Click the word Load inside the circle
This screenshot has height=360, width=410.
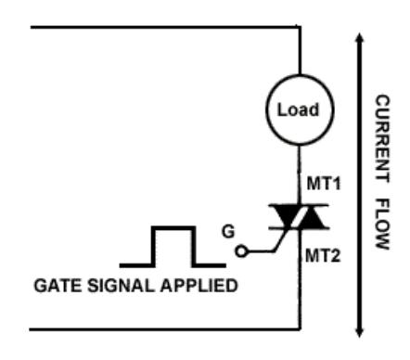click(298, 109)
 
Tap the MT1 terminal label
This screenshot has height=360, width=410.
click(324, 184)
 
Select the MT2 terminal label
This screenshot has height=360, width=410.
click(323, 256)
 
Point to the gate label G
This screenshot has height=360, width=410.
click(228, 232)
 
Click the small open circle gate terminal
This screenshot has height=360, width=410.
click(241, 251)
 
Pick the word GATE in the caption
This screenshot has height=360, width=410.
click(58, 286)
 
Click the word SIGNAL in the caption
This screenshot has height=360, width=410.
click(121, 286)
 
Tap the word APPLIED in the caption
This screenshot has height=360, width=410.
click(199, 286)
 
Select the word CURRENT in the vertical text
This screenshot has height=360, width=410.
click(382, 138)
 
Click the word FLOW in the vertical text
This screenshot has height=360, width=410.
click(382, 224)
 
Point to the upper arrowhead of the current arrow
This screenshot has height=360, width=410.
click(359, 38)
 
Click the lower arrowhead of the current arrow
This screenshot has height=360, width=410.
click(359, 332)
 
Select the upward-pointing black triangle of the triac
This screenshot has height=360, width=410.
click(312, 218)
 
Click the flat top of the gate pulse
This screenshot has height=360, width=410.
click(173, 228)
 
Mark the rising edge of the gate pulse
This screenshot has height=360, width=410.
click(153, 246)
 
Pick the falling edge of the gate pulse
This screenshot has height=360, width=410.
click(194, 246)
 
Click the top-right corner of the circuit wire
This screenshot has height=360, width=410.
click(300, 27)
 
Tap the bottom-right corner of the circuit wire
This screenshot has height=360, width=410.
click(300, 329)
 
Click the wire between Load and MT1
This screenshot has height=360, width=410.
click(300, 174)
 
